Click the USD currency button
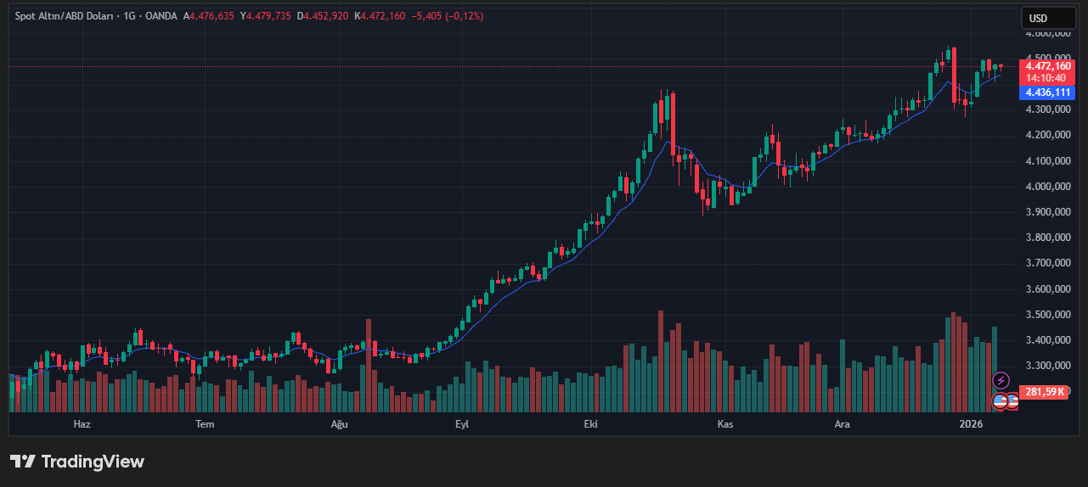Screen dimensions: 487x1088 point(1038,18)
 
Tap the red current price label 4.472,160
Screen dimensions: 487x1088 point(1048,66)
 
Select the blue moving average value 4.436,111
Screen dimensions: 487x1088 point(1048,92)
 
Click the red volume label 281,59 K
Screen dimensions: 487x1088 point(1045,392)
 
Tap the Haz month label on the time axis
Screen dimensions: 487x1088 point(82,423)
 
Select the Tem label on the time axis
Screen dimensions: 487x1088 point(205,423)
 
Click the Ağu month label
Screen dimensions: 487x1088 point(340,423)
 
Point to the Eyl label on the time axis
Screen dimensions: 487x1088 point(462,423)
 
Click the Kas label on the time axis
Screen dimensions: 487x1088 point(724,423)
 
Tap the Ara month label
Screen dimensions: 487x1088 point(842,423)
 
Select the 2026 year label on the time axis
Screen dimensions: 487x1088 point(970,423)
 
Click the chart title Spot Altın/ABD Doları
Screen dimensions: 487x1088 point(62,16)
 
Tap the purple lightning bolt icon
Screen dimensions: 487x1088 point(1001,381)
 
